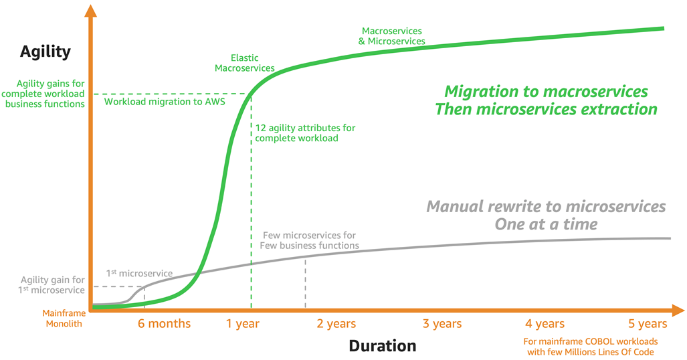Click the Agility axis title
point(45,52)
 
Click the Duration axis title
point(382,346)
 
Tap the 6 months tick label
point(164,324)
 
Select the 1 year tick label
point(242,324)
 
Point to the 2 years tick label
point(336,324)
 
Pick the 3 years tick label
point(441,324)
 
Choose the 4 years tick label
point(545,324)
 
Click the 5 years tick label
point(648,324)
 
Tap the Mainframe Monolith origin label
point(63,319)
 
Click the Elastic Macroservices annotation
point(244,63)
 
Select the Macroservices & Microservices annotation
point(393,36)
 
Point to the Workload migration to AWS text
point(165,102)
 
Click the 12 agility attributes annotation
point(305,132)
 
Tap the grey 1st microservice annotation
point(139,273)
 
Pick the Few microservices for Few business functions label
point(310,240)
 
